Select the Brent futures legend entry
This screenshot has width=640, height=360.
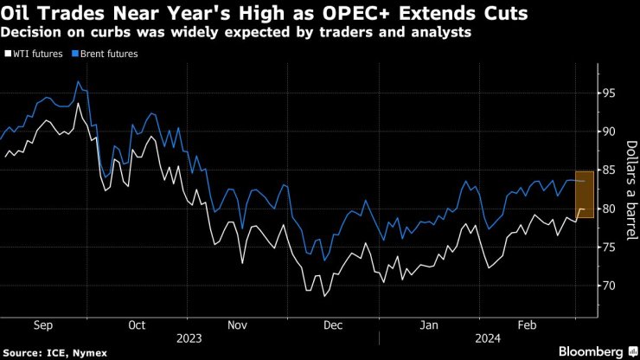click(108, 54)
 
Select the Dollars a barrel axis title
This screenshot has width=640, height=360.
click(630, 190)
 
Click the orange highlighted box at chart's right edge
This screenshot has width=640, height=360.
click(584, 195)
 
